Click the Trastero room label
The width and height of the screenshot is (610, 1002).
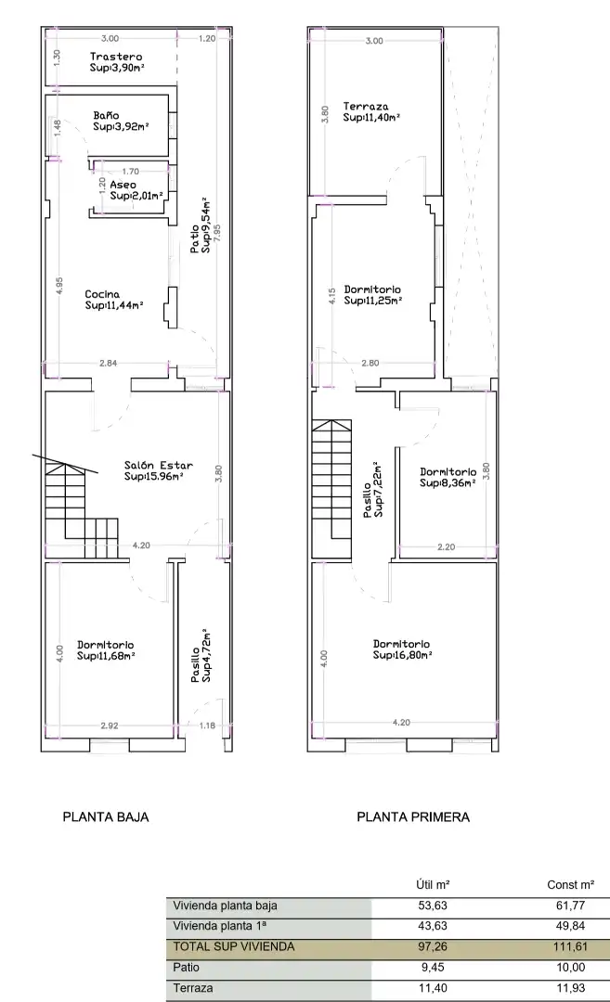pyautogui.click(x=116, y=57)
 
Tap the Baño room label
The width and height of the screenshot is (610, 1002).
pyautogui.click(x=106, y=116)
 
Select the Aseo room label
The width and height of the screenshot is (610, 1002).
pyautogui.click(x=123, y=185)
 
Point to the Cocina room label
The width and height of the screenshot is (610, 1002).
pyautogui.click(x=102, y=295)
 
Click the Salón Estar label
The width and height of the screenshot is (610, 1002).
pyautogui.click(x=159, y=465)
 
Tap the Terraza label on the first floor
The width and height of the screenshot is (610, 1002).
pyautogui.click(x=366, y=107)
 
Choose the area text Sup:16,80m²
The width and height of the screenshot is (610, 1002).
pyautogui.click(x=403, y=655)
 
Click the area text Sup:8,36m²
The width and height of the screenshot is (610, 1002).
pyautogui.click(x=448, y=483)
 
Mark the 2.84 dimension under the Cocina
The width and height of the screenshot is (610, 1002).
pyautogui.click(x=108, y=363)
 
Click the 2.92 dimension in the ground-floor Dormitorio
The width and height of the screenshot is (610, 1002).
pyautogui.click(x=110, y=726)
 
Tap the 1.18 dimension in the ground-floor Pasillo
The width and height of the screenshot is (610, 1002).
pyautogui.click(x=207, y=726)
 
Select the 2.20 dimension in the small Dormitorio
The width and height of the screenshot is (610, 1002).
pyautogui.click(x=447, y=546)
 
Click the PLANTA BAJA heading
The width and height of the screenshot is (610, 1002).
pyautogui.click(x=106, y=816)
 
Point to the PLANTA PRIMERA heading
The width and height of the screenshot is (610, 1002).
pyautogui.click(x=413, y=816)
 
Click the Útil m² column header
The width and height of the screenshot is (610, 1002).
pyautogui.click(x=433, y=884)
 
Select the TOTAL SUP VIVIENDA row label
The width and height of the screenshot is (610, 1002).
pyautogui.click(x=234, y=946)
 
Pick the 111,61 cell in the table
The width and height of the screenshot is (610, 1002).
pyautogui.click(x=570, y=946)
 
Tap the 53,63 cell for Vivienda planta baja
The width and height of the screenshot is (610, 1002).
pyautogui.click(x=433, y=905)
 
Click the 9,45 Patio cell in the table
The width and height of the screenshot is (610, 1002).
pyautogui.click(x=433, y=968)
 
